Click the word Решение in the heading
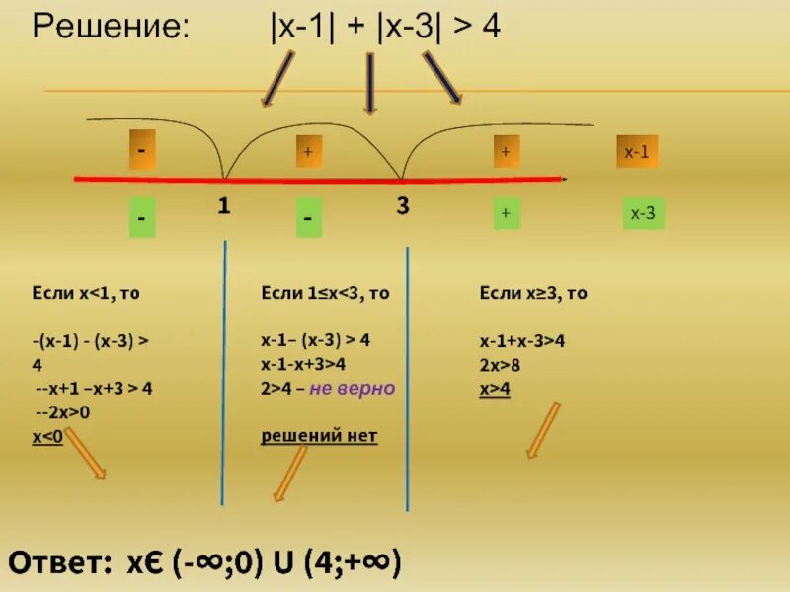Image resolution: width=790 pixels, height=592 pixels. [110, 28]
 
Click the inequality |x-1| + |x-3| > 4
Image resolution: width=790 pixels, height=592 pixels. [385, 27]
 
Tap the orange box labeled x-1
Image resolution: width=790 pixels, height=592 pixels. [637, 152]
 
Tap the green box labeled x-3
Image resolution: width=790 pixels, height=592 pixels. [643, 213]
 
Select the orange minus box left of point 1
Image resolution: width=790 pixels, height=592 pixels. [143, 152]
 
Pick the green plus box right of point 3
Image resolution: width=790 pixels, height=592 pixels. [506, 213]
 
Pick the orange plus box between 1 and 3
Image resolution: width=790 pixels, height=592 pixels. [308, 152]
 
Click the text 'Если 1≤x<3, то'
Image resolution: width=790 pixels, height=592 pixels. [325, 293]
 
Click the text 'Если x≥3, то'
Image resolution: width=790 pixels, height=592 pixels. [533, 293]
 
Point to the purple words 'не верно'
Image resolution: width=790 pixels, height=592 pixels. [353, 388]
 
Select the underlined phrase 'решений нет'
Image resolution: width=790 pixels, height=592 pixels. [319, 435]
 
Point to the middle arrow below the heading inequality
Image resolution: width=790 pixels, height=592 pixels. [370, 84]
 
